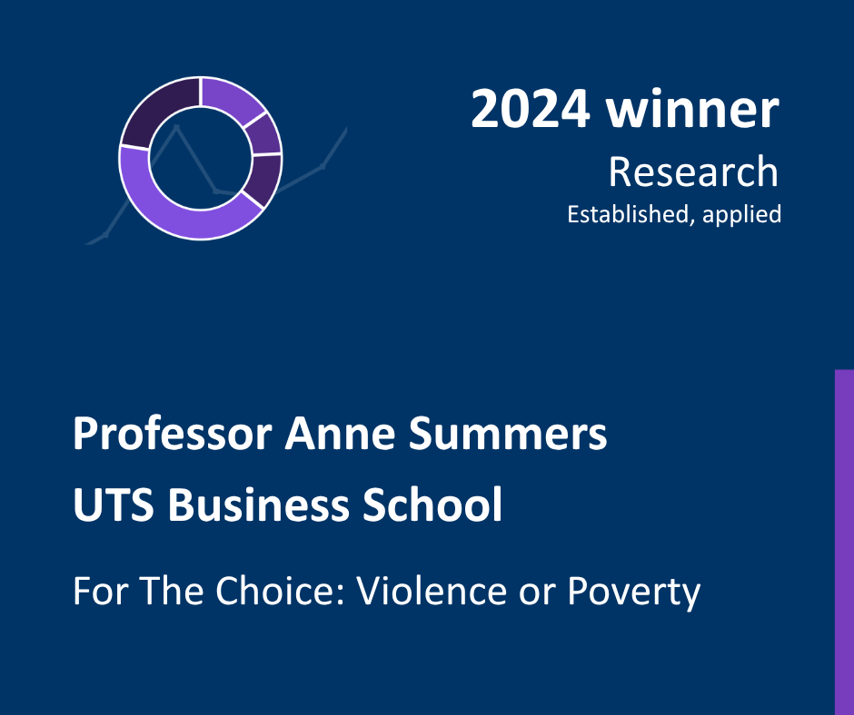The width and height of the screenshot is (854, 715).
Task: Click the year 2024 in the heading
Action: point(531,110)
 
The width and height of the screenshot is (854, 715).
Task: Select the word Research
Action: point(693,171)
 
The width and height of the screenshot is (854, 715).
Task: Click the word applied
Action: point(742,215)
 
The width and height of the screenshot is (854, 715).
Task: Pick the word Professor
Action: point(173,435)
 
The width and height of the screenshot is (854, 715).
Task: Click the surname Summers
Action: point(508,434)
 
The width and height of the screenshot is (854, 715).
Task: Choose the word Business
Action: point(258,504)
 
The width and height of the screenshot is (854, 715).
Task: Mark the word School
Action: point(432,504)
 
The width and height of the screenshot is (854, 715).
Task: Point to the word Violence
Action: point(432,591)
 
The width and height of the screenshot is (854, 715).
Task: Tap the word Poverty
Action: point(634,592)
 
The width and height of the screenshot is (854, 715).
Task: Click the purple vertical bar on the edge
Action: point(844,543)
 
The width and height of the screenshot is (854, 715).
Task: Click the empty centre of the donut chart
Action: point(201,158)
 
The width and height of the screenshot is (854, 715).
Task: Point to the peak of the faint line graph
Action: point(176,127)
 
